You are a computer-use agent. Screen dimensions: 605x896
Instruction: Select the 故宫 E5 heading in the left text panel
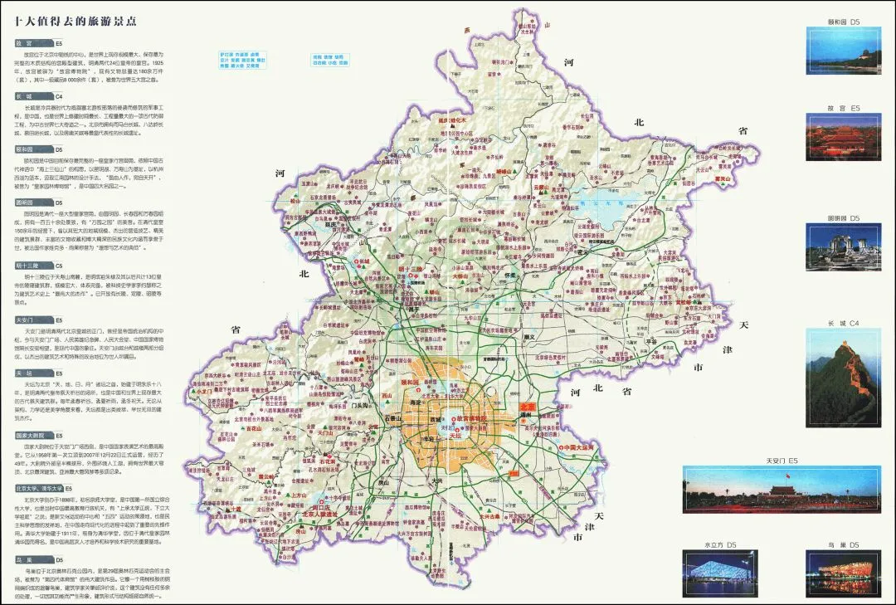coord(25,42)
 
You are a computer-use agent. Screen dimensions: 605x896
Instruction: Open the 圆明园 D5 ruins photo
coord(843,247)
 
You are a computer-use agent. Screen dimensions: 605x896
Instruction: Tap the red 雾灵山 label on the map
coord(723,178)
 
